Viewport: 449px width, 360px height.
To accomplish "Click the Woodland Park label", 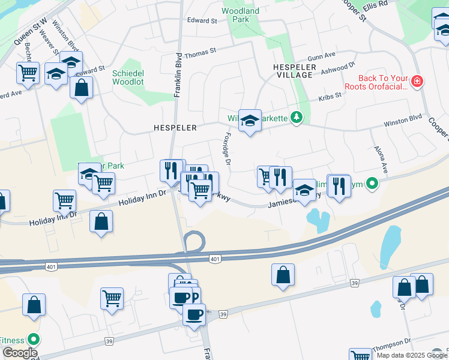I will [240, 15].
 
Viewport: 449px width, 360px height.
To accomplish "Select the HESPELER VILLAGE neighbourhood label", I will [294, 71].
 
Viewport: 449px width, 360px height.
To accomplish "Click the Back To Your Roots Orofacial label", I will [382, 83].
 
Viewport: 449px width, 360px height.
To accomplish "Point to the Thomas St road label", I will [200, 54].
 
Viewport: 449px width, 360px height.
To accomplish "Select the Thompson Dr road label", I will [392, 347].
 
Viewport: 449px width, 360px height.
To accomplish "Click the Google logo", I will [19, 353].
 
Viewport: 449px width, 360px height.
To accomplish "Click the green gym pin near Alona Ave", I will [372, 183].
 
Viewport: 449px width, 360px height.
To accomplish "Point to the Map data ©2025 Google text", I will [411, 355].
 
